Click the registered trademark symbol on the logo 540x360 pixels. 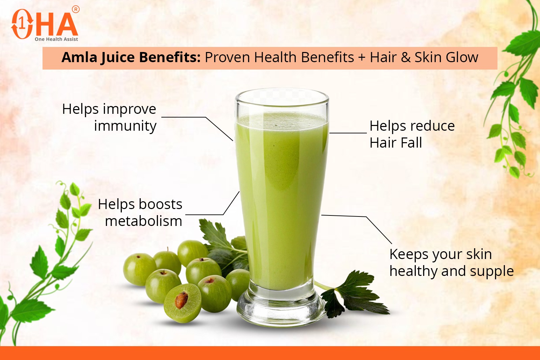pyautogui.click(x=76, y=9)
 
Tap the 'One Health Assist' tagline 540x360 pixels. pyautogui.click(x=56, y=39)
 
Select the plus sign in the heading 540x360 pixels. pyautogui.click(x=362, y=58)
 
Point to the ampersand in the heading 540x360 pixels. pyautogui.click(x=406, y=57)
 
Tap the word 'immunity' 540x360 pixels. pyautogui.click(x=125, y=126)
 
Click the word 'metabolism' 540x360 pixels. pyautogui.click(x=143, y=221)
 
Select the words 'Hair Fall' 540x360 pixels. pyautogui.click(x=396, y=143)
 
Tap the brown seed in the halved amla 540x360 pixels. pyautogui.click(x=181, y=300)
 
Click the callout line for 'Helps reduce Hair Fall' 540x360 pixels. pyautogui.click(x=348, y=133)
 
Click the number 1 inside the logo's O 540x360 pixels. pyautogui.click(x=22, y=24)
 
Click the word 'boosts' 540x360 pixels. pyautogui.click(x=160, y=204)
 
